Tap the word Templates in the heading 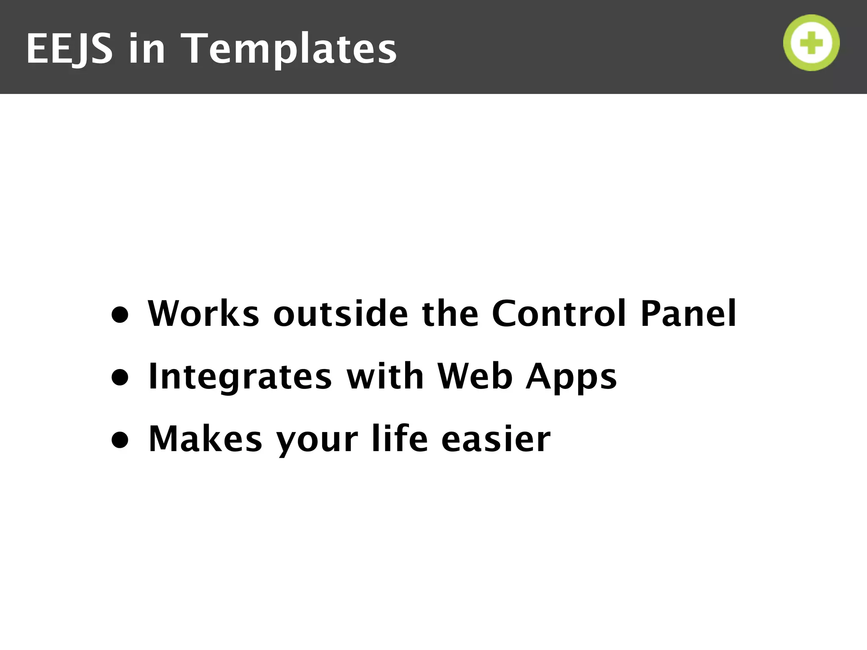[291, 50]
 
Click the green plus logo [811, 43]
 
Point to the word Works [203, 314]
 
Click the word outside [341, 314]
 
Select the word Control [558, 314]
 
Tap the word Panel [688, 314]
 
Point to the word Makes [205, 439]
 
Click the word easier [496, 439]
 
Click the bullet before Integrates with [120, 377]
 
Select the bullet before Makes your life [120, 440]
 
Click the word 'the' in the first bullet [450, 314]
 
